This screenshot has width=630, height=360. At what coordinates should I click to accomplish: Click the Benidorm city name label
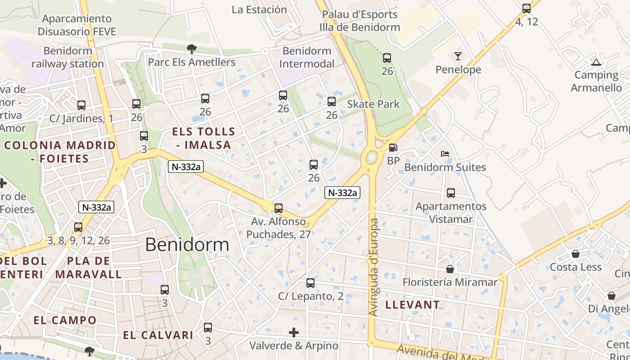[187, 244]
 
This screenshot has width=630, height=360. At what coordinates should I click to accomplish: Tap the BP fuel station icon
[393, 148]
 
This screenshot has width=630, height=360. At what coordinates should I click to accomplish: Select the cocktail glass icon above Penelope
[458, 56]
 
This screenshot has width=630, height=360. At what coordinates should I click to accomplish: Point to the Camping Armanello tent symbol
[596, 62]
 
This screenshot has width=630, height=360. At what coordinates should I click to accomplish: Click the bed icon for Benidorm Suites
[445, 154]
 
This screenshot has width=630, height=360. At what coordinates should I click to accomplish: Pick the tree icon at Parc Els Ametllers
[192, 48]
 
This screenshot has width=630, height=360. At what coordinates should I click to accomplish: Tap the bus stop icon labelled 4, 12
[526, 8]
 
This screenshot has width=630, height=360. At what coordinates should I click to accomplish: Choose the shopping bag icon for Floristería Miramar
[450, 269]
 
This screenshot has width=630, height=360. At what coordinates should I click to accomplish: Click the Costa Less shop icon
[576, 254]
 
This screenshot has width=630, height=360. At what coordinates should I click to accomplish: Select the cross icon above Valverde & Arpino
[294, 333]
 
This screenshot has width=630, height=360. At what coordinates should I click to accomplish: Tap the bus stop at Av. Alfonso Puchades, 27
[279, 208]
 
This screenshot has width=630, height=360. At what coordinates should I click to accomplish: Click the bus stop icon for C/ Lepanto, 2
[310, 283]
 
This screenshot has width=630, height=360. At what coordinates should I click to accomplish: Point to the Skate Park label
[373, 104]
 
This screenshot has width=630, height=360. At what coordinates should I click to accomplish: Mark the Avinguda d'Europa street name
[373, 267]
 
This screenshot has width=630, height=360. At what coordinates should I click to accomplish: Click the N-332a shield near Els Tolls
[186, 167]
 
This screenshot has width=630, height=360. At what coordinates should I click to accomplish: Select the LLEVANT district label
[412, 305]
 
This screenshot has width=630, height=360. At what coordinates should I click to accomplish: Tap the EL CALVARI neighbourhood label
[158, 335]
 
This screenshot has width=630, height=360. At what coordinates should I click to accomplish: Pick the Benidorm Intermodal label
[307, 57]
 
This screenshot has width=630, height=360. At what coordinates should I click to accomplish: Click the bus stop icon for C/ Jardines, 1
[81, 105]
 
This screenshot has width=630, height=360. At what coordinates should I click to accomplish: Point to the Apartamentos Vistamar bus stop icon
[451, 193]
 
